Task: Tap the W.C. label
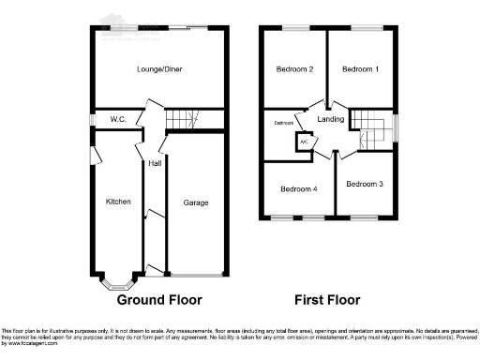117,119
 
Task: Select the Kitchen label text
118,202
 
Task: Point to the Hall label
154,164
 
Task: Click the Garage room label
195,202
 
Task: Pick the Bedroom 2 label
294,69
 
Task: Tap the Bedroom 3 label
364,184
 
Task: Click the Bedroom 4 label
298,189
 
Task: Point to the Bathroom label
284,123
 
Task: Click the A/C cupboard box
304,142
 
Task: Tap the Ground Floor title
158,301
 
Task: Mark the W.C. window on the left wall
92,120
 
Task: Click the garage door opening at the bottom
195,276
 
